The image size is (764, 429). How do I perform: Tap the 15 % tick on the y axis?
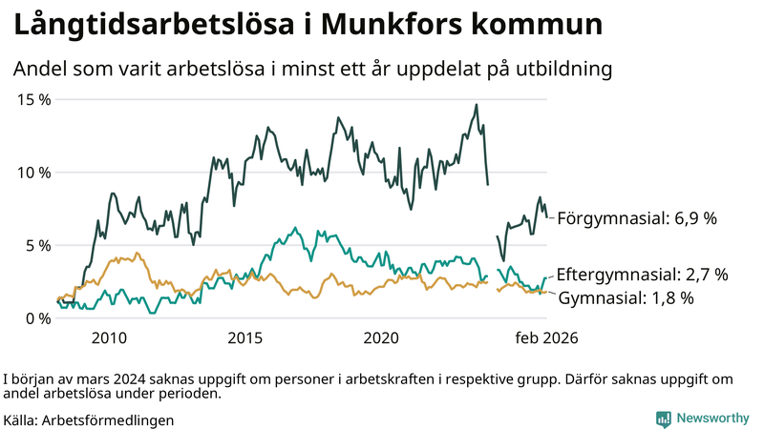coord(33,99)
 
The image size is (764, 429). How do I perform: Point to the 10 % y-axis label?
coord(33,173)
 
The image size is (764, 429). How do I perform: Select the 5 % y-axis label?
coord(38,245)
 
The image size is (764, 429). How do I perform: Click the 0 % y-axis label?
coord(38,318)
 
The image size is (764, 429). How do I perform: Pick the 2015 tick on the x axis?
coord(245,338)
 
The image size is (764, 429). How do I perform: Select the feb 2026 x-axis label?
coord(547,338)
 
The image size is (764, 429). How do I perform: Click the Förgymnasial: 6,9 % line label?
coord(636,218)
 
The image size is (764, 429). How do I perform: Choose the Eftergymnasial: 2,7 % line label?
coord(642,275)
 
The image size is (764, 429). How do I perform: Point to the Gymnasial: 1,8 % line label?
coord(625,297)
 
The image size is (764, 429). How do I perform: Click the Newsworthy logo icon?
coord(663,419)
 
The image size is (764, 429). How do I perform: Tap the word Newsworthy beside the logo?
coord(712,419)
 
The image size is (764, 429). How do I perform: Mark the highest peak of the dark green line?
coord(476,105)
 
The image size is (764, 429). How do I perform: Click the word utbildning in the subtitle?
coord(563,69)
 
